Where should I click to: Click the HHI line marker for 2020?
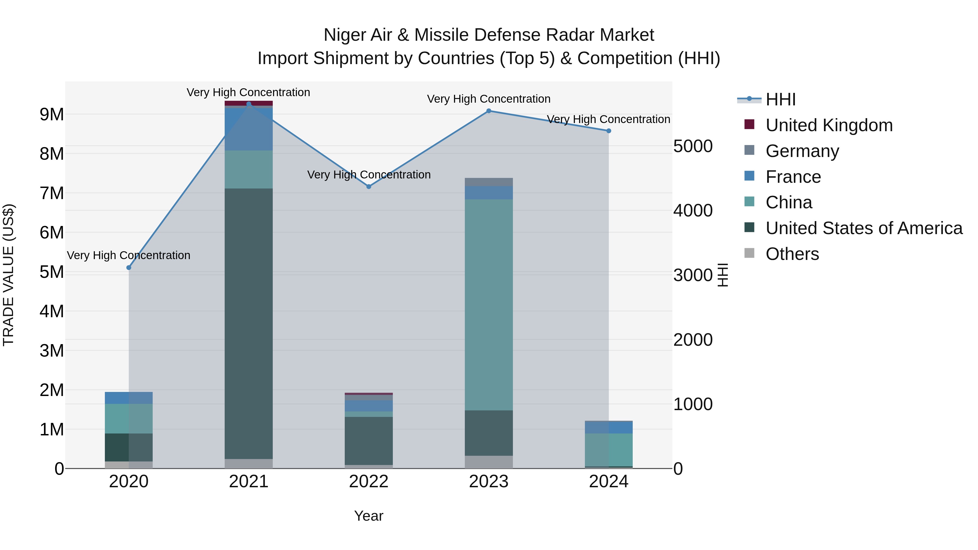coord(129,268)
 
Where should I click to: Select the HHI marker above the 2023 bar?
coord(489,111)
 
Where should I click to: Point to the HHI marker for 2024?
coord(609,131)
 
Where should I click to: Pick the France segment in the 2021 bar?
coord(249,129)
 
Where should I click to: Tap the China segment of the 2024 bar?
coord(609,450)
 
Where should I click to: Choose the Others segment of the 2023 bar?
coord(489,462)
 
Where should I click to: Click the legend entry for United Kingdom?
coord(829,125)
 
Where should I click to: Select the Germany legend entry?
coord(802,151)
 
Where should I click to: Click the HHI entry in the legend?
coord(780,99)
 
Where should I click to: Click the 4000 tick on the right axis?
coord(693,211)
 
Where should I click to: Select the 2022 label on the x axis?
coord(369,482)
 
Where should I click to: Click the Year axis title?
coord(369,516)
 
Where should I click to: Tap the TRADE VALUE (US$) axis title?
coord(8,275)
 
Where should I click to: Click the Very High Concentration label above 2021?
coord(248,92)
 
